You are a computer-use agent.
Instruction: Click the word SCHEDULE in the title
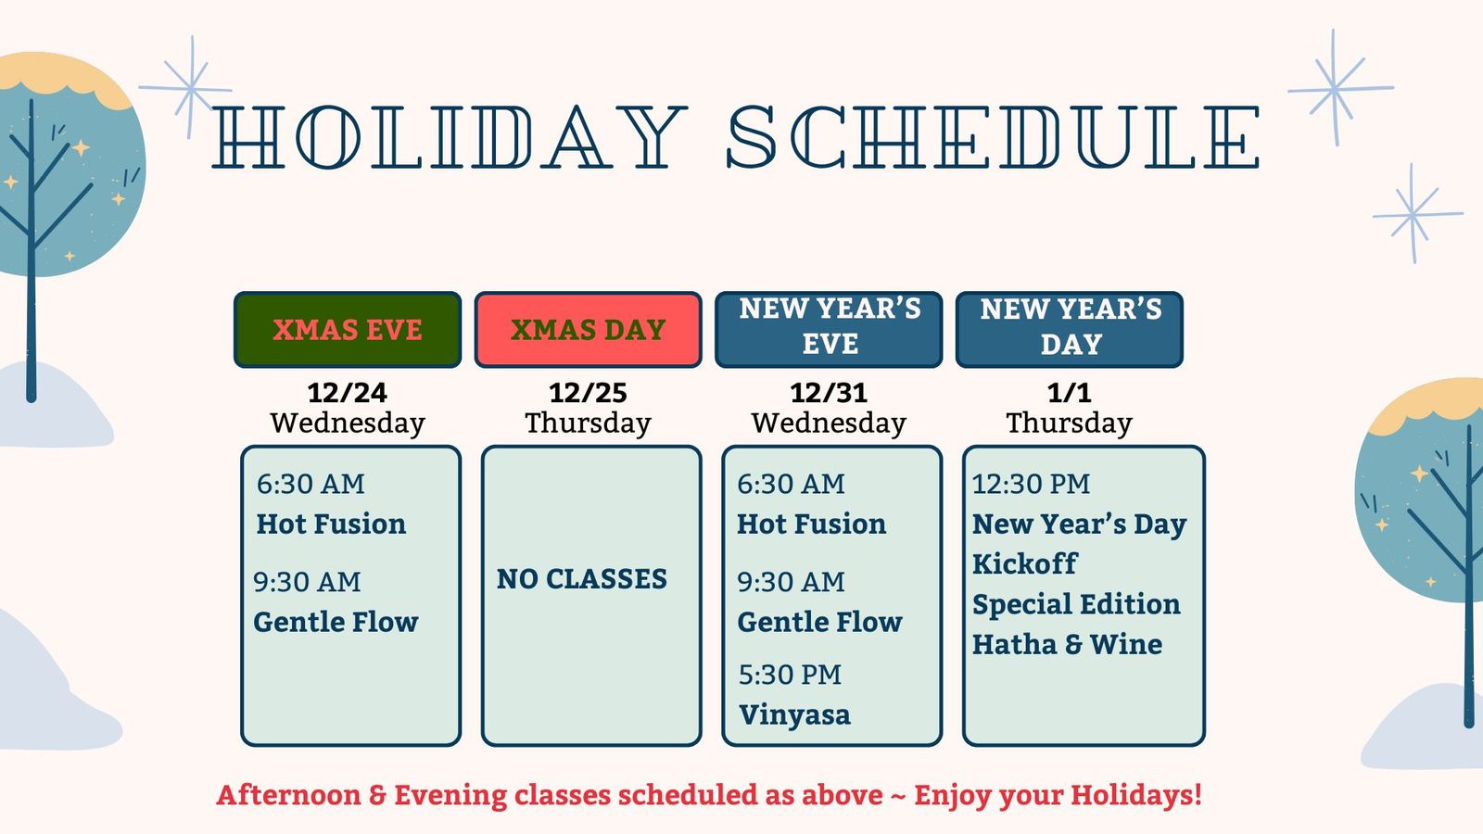(993, 136)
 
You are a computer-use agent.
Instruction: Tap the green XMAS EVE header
(348, 330)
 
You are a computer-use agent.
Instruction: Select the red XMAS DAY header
(588, 330)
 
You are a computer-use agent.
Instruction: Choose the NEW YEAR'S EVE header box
(829, 330)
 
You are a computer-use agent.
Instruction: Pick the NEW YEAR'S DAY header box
(1070, 330)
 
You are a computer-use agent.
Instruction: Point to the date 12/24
(348, 393)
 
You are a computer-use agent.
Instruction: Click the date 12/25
(588, 393)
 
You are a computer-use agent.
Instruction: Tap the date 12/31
(829, 393)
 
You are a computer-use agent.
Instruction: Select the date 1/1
(1070, 393)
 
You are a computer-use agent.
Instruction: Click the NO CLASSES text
(582, 579)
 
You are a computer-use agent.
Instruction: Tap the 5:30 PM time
(790, 676)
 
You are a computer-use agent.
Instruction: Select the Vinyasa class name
(794, 715)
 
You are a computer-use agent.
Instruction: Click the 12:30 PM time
(1031, 484)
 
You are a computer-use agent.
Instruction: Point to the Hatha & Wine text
(1067, 644)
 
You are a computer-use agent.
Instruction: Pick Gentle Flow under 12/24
(336, 622)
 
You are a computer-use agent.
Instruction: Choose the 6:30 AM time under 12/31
(792, 484)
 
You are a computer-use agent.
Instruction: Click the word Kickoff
(1025, 564)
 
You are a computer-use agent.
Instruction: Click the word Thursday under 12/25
(588, 423)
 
